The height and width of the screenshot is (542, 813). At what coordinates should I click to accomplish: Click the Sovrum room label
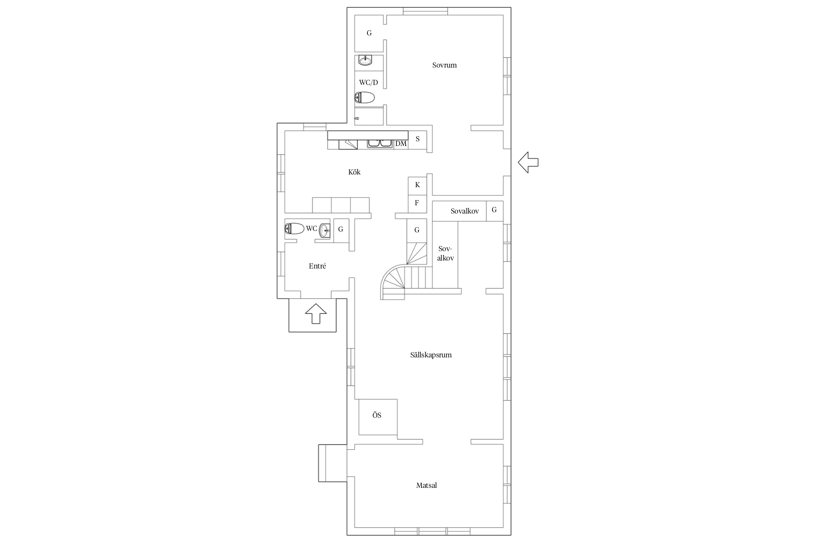tap(444, 65)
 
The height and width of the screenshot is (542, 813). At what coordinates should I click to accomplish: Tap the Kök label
tap(354, 172)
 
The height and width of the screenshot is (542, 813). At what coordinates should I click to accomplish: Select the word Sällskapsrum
tap(431, 355)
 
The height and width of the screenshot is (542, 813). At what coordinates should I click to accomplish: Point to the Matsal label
tap(426, 485)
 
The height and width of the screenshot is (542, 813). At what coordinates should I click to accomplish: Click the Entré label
tap(317, 266)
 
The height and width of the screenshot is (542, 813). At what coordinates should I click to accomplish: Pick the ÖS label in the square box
tap(377, 415)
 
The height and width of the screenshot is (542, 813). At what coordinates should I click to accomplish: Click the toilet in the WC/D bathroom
tap(364, 98)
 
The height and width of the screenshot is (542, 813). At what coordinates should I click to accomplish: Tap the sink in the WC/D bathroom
tap(365, 60)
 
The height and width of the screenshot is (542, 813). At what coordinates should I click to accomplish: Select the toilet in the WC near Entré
tap(294, 228)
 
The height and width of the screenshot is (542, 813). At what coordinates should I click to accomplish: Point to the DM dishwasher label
tap(401, 144)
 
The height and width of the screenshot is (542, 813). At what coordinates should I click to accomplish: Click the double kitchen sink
tap(380, 143)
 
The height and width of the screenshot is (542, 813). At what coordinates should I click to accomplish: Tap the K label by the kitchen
tap(417, 185)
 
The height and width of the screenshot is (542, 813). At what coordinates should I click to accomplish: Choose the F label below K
tap(417, 203)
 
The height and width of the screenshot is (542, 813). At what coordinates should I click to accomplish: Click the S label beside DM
tap(418, 139)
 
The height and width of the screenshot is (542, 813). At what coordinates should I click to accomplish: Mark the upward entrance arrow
tap(316, 314)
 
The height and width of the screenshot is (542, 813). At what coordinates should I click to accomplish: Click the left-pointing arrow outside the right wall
tap(528, 162)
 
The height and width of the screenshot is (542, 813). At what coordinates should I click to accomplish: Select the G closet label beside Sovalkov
tap(494, 210)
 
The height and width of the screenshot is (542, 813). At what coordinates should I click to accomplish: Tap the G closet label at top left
tap(369, 33)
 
